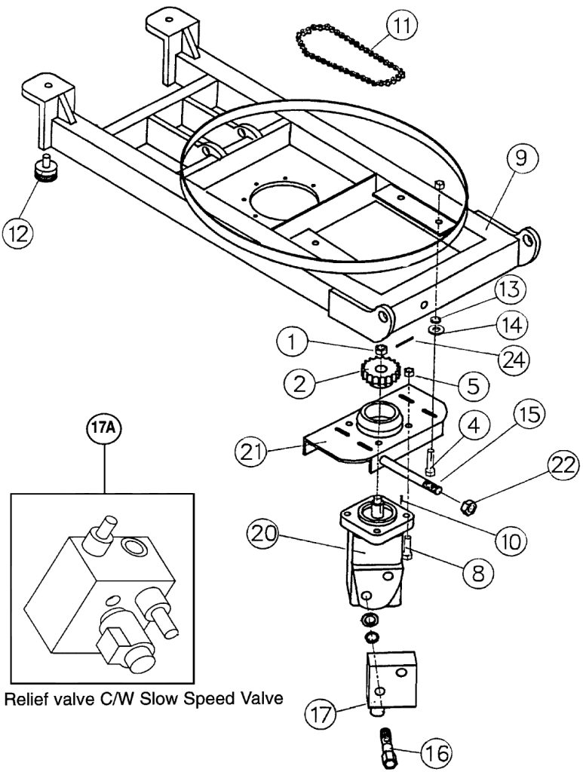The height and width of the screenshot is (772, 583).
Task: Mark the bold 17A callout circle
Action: pos(104,427)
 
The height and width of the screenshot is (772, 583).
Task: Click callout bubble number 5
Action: pos(472,385)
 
